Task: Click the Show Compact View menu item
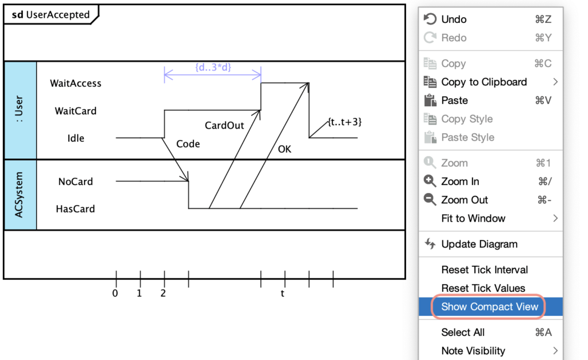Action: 489,307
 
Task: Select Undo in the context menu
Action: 454,20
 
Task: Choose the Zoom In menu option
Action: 459,181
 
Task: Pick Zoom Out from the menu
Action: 464,200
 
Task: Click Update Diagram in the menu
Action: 479,244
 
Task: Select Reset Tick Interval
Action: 484,270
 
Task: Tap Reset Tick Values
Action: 483,288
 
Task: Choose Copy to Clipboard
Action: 483,82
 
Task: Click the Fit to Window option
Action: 473,218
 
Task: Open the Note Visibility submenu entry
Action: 473,351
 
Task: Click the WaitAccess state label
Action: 75,83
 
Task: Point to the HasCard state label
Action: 75,209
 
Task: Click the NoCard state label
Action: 75,181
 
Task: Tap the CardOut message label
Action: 224,125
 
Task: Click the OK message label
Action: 284,149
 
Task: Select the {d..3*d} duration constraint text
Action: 212,67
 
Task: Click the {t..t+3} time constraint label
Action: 345,122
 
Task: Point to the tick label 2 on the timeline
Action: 164,293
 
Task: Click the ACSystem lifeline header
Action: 20,195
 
